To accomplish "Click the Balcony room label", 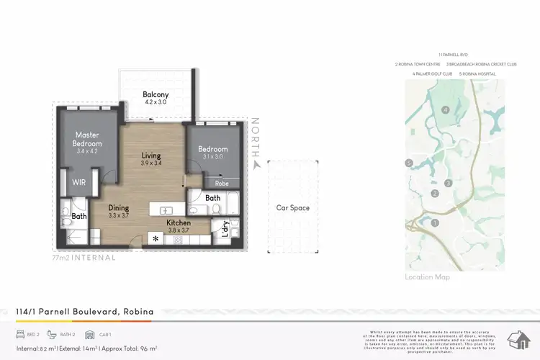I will (x=156, y=94).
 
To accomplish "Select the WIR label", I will (x=78, y=182).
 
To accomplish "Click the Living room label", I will (x=151, y=156).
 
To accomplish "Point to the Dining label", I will (x=119, y=208).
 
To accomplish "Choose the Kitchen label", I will (x=179, y=223).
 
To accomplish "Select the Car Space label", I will (x=293, y=208).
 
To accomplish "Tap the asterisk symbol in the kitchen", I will (x=155, y=238).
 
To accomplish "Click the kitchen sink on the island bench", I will (x=167, y=210).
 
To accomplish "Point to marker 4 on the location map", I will (x=446, y=109).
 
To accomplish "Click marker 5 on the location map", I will (x=409, y=163).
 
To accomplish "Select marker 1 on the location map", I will (x=435, y=222).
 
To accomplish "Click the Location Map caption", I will (x=428, y=277).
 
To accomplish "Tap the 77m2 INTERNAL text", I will (x=84, y=257).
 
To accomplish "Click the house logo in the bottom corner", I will (x=518, y=339).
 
